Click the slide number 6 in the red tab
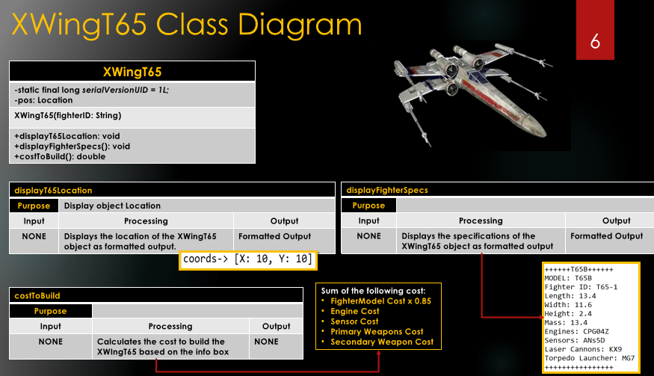coord(595,42)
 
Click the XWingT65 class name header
coord(132,72)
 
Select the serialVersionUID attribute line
coord(91,90)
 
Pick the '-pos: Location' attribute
coord(43,100)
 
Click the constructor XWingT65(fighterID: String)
coord(67,116)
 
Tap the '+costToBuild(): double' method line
coord(60,157)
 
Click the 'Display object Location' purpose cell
coord(112,206)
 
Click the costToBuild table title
coord(37,296)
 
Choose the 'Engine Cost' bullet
coord(355,311)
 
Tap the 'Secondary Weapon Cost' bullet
coord(382,342)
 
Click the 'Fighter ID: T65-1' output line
coord(581,287)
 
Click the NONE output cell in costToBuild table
coord(276,341)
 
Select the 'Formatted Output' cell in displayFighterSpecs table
coord(607,236)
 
